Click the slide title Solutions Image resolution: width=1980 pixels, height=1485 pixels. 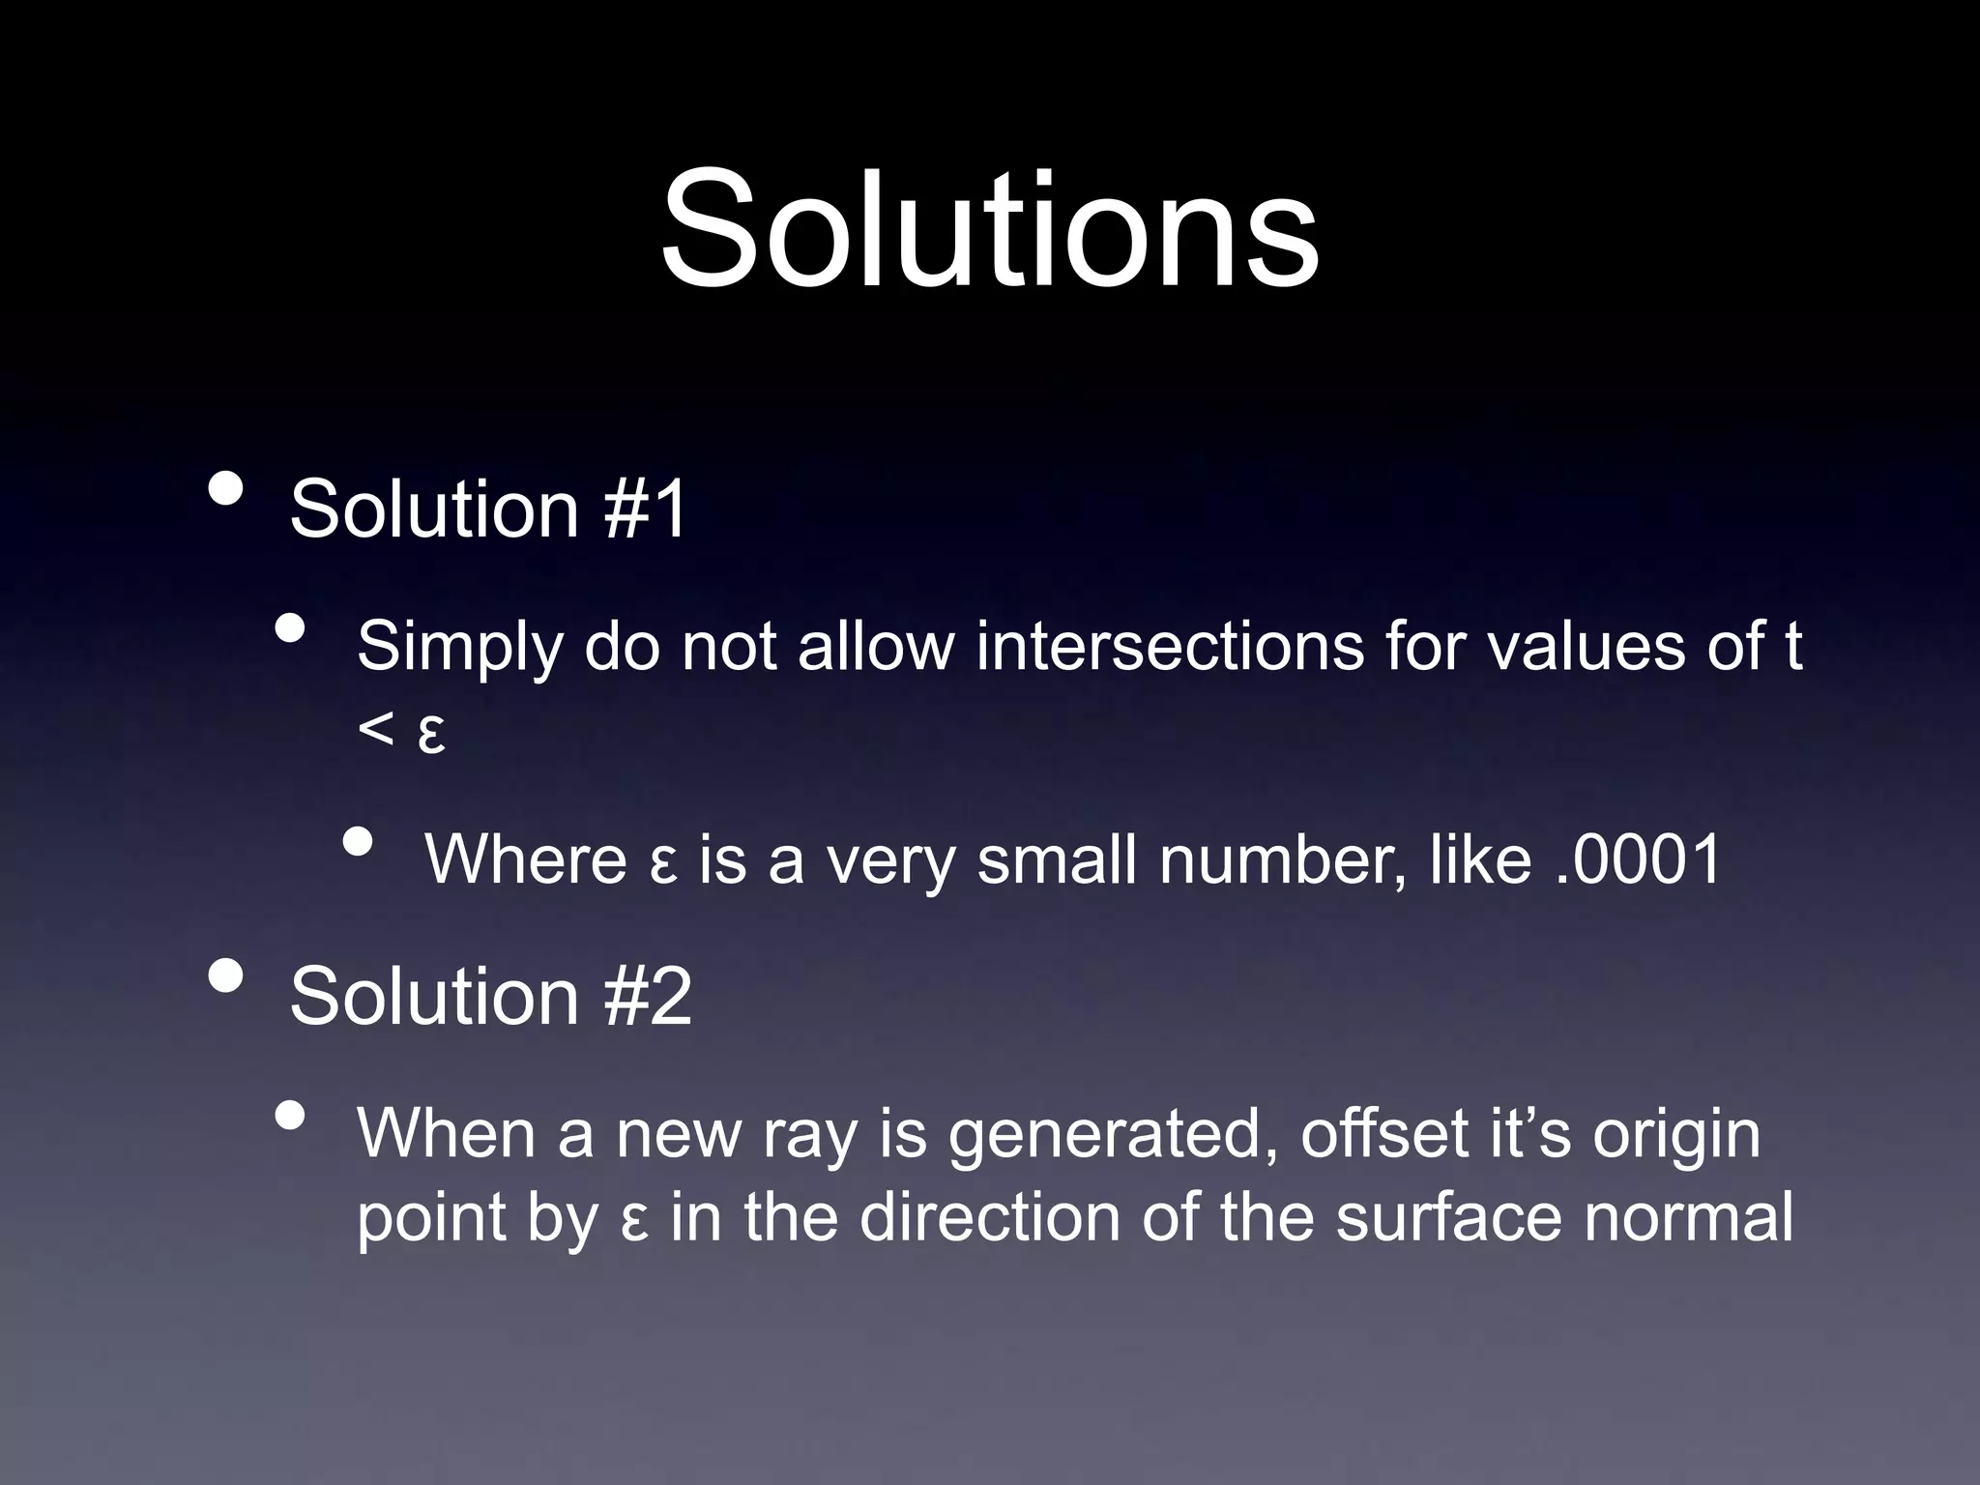[x=990, y=229]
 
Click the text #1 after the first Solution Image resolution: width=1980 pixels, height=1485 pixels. [x=646, y=509]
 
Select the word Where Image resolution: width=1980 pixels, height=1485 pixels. [x=526, y=859]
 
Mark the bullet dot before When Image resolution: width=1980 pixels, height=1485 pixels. [x=290, y=1116]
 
